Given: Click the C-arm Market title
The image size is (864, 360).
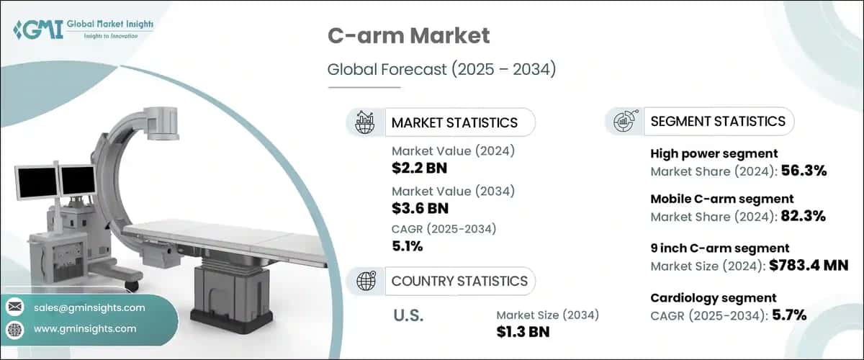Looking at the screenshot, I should [408, 36].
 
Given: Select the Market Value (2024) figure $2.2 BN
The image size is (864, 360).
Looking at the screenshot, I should [417, 168].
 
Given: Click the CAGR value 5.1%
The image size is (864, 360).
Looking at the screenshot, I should [408, 246].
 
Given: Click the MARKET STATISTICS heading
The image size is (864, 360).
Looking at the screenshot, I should [454, 122].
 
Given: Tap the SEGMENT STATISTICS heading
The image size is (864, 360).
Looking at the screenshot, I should [718, 121].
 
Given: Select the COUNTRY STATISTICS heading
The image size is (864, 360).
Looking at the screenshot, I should [459, 281].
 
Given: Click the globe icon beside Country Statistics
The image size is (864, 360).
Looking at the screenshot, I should [365, 281].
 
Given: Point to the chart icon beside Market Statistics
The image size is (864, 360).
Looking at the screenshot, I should [365, 122].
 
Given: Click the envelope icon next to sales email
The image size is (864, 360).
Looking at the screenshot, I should [14, 307].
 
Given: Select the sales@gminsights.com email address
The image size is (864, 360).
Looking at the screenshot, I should [89, 307].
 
